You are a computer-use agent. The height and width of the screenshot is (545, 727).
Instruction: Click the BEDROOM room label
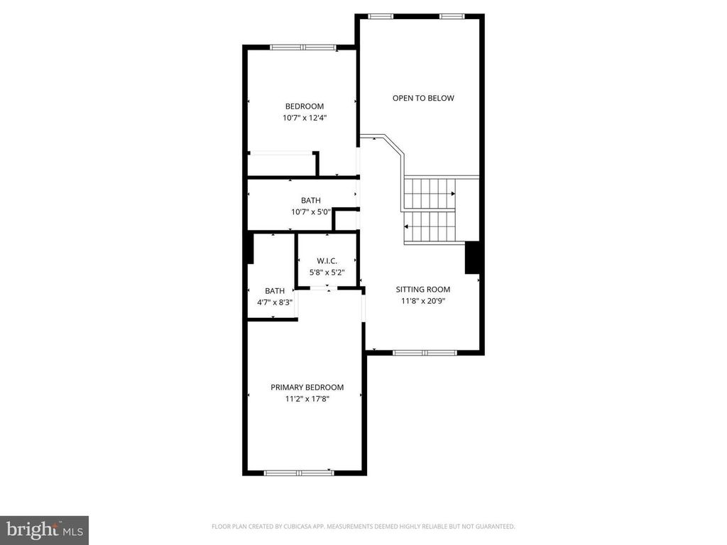click(304, 106)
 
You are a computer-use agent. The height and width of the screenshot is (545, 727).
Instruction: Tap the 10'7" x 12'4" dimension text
click(305, 118)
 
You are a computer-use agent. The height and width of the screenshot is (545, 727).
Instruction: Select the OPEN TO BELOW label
click(423, 98)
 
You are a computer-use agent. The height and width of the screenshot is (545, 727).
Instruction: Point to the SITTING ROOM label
click(423, 290)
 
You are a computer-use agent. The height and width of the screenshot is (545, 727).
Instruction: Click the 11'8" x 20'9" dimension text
click(423, 301)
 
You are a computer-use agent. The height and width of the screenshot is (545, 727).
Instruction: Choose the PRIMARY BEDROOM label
click(307, 387)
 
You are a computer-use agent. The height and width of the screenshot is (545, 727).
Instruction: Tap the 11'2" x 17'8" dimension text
click(307, 399)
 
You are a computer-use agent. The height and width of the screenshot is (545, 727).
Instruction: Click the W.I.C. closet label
click(327, 261)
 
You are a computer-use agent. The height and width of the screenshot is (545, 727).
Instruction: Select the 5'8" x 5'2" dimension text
click(327, 272)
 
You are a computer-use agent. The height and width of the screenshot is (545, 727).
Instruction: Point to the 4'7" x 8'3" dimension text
click(275, 302)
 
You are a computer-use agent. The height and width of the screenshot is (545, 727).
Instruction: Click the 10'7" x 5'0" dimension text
click(311, 211)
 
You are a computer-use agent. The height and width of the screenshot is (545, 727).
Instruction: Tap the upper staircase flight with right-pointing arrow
click(430, 194)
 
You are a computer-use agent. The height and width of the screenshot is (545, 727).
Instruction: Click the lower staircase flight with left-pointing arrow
click(430, 226)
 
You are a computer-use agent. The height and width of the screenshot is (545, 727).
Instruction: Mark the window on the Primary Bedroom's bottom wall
click(299, 473)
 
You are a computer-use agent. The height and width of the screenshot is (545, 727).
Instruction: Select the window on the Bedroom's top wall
click(302, 48)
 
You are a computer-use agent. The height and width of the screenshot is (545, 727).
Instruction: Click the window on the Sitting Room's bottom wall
click(425, 353)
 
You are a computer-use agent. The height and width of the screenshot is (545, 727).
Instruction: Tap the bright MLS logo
click(45, 529)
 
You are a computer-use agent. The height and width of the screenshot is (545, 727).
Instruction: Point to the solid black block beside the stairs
click(472, 257)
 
